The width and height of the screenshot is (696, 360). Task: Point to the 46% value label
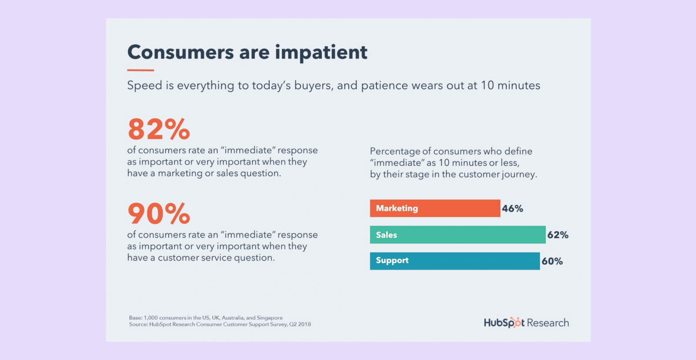[512, 209]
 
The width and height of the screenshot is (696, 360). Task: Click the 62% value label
[558, 235]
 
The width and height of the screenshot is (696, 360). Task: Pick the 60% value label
[552, 261]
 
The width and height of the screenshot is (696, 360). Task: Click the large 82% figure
[159, 129]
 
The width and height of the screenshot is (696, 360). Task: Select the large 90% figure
[159, 214]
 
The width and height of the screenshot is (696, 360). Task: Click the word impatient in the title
[321, 52]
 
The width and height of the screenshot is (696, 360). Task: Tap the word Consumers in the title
[181, 52]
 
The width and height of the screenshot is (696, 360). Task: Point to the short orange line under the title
[141, 70]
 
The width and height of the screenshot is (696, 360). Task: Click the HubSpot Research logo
[526, 323]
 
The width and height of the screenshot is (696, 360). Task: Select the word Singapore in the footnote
[270, 318]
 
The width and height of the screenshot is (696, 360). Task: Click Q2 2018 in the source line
[300, 324]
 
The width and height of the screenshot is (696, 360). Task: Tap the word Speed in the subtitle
[144, 86]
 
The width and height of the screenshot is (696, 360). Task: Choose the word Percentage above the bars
[395, 151]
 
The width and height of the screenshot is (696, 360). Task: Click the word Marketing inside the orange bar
[397, 209]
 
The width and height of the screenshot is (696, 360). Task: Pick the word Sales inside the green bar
[386, 235]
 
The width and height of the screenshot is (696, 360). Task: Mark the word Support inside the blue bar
[392, 260]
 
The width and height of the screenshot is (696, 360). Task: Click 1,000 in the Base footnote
[151, 318]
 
